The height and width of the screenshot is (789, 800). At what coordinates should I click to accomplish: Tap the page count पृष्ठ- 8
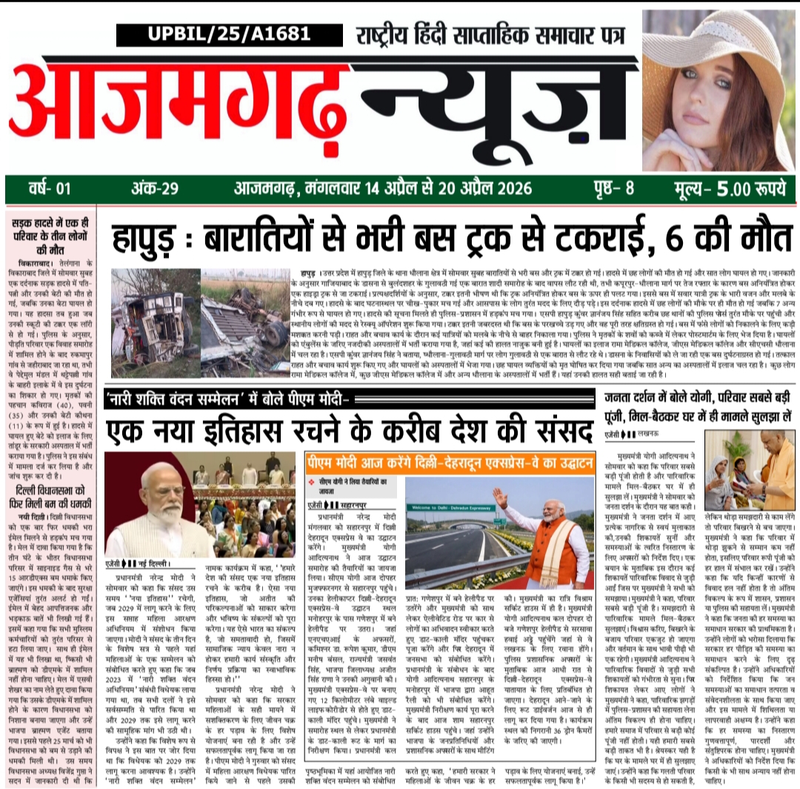[x=617, y=188]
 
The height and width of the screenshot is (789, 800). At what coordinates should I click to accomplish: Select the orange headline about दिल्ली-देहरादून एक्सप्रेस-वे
[x=450, y=463]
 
